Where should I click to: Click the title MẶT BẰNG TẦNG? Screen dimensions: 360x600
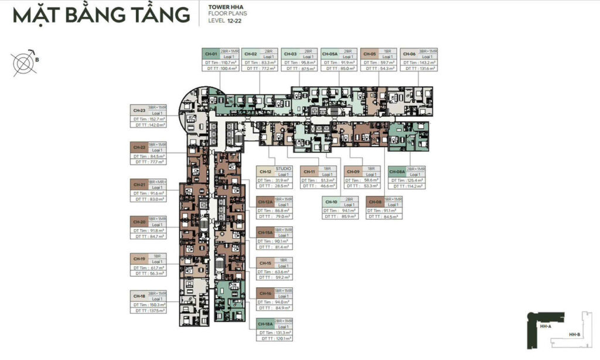tap(101, 15)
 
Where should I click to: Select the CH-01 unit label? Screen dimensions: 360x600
tap(209, 53)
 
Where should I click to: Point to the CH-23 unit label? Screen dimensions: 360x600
tap(139, 110)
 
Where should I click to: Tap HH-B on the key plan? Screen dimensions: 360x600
tap(574, 335)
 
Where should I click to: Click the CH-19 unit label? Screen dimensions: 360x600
tap(139, 258)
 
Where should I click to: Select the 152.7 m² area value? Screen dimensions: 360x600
tap(156, 118)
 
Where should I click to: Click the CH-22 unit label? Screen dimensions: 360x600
tap(139, 147)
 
